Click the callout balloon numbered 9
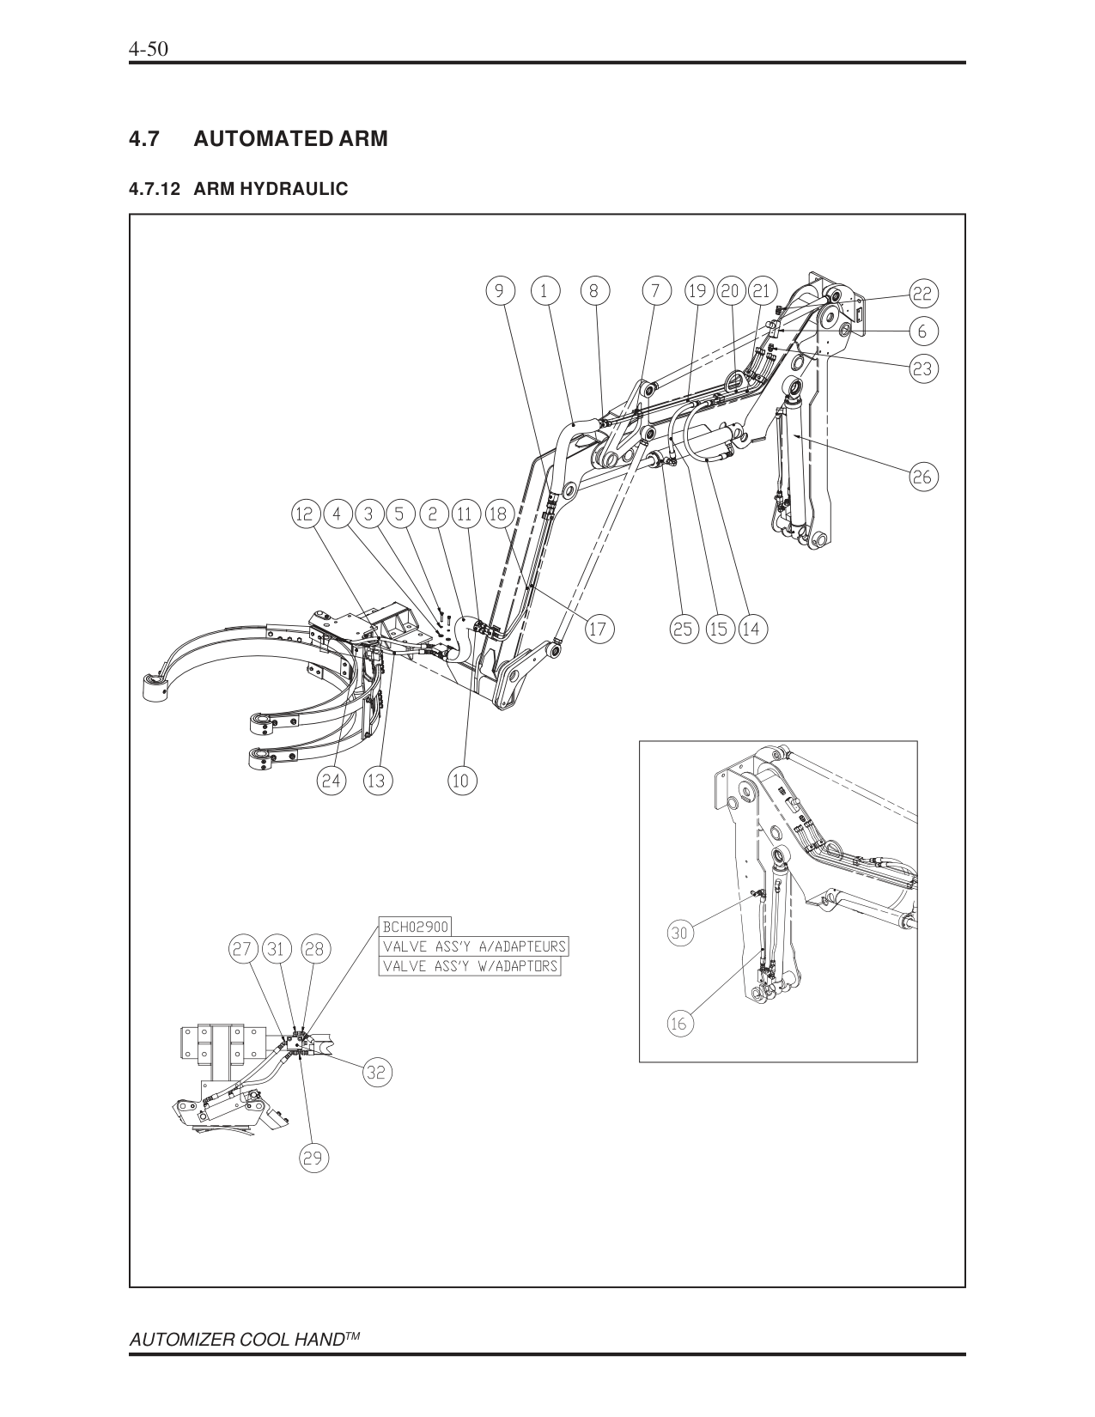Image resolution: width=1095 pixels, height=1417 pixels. coord(498,290)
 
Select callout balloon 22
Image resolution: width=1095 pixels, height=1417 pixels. coord(922,295)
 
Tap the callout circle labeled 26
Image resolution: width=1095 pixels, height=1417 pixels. coord(922,477)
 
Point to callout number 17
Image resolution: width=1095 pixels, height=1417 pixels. coord(598,629)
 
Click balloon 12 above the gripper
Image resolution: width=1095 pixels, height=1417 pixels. coord(305,514)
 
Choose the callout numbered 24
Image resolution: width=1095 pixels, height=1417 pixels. coord(332,781)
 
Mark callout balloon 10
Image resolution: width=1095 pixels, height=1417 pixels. coord(461,781)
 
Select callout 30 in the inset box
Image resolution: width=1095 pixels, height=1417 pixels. coord(679,934)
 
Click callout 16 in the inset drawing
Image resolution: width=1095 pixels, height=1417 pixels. coord(679,1024)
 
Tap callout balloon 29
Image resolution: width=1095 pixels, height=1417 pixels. coord(313,1159)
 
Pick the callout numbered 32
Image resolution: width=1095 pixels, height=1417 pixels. coord(376,1072)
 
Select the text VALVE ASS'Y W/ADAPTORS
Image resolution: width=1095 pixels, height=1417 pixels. coord(470,966)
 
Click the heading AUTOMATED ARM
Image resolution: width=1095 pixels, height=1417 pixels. coord(290,138)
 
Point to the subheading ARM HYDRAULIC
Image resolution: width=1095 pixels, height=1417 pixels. coord(271,189)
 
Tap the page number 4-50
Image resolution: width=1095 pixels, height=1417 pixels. coord(147,49)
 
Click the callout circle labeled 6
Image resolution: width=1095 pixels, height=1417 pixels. coord(922,331)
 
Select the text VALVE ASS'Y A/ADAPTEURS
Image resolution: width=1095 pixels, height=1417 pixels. coord(474,946)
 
